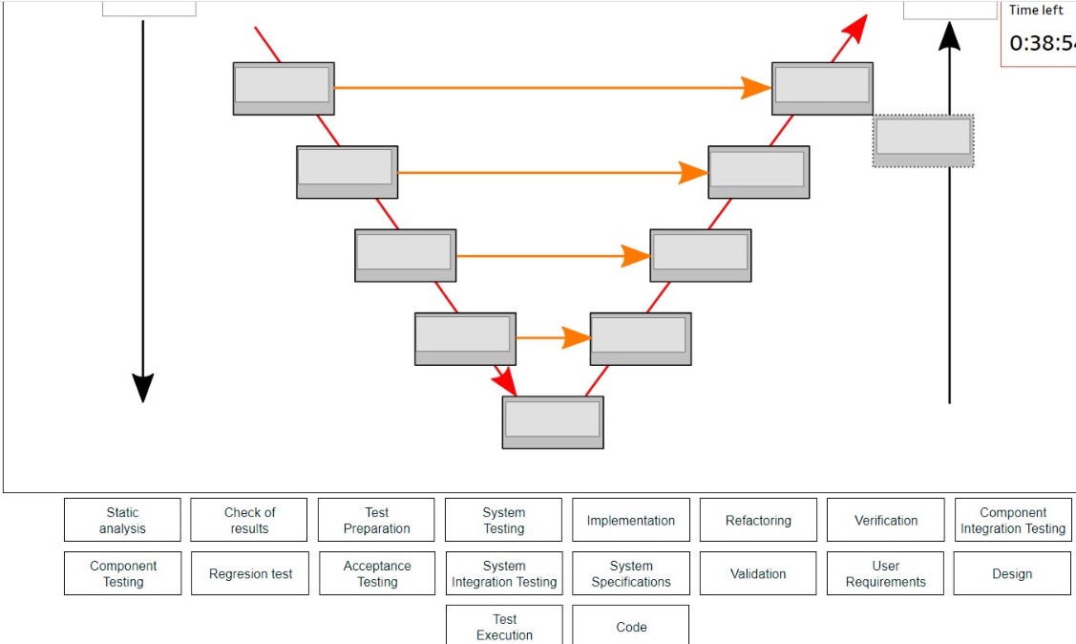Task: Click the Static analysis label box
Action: point(122,521)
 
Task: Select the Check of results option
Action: point(249,521)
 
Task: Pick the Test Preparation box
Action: point(376,521)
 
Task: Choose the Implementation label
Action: point(630,521)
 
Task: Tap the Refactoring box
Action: point(758,521)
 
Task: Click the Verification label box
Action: point(885,521)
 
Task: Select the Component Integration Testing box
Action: point(1012,521)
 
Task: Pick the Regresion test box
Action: point(250,574)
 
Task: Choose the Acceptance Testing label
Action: point(376,574)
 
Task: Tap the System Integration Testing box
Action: point(504,574)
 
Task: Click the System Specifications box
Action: point(630,574)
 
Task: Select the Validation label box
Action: point(758,574)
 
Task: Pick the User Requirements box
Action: point(885,574)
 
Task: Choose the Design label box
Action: point(1012,574)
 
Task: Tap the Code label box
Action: point(630,627)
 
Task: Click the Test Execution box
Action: point(504,626)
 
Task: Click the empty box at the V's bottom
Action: point(553,422)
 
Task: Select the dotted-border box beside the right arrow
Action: point(923,140)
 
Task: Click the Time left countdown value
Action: point(1042,43)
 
